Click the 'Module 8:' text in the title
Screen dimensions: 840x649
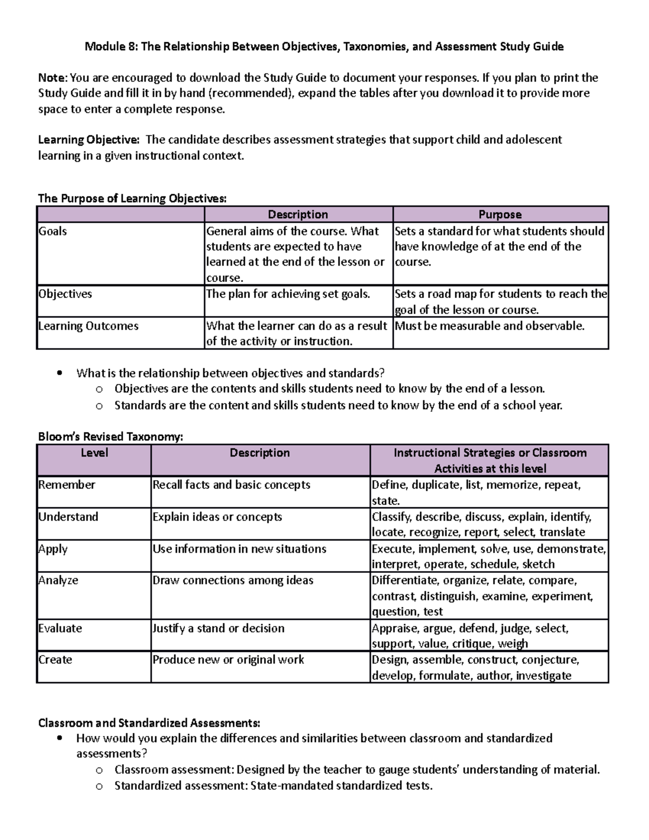110,47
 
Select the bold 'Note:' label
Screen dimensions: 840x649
52,78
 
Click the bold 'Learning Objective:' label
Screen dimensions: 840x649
88,140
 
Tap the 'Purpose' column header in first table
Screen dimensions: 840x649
500,215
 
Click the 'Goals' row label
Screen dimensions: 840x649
52,232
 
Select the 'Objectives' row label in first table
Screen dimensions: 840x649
65,294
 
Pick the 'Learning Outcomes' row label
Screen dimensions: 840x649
88,326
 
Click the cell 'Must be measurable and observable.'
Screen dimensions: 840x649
489,326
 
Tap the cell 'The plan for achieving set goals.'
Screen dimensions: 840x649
288,294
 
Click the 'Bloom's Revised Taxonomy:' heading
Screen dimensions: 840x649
110,437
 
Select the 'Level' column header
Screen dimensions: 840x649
94,453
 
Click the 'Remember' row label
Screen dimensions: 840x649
67,485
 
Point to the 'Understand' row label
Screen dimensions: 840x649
68,517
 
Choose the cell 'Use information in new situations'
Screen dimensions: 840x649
239,549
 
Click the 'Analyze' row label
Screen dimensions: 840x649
58,580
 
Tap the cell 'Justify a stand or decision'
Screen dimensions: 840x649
218,629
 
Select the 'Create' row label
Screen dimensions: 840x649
55,660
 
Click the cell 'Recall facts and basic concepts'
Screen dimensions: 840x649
231,485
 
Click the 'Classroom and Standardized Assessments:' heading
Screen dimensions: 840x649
149,723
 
